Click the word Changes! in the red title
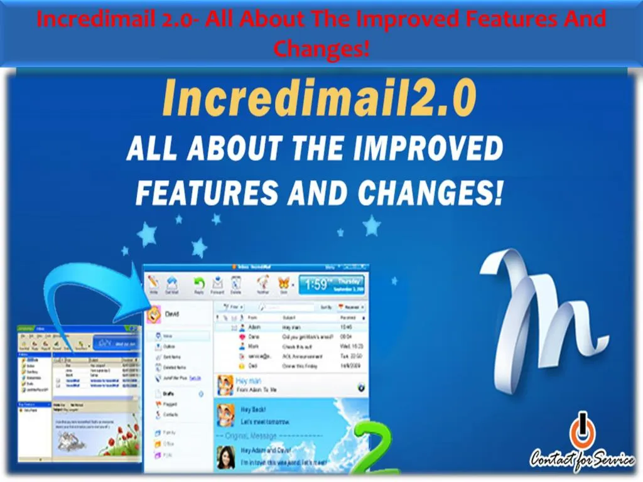point(321,48)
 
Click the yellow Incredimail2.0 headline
point(318,100)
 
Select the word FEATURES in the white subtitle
point(207,193)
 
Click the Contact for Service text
point(581,460)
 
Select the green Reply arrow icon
point(199,284)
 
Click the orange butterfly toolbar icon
point(283,284)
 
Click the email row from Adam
point(289,328)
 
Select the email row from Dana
point(289,336)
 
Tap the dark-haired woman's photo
point(226,458)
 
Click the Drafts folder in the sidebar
point(168,394)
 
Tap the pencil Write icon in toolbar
point(154,284)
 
